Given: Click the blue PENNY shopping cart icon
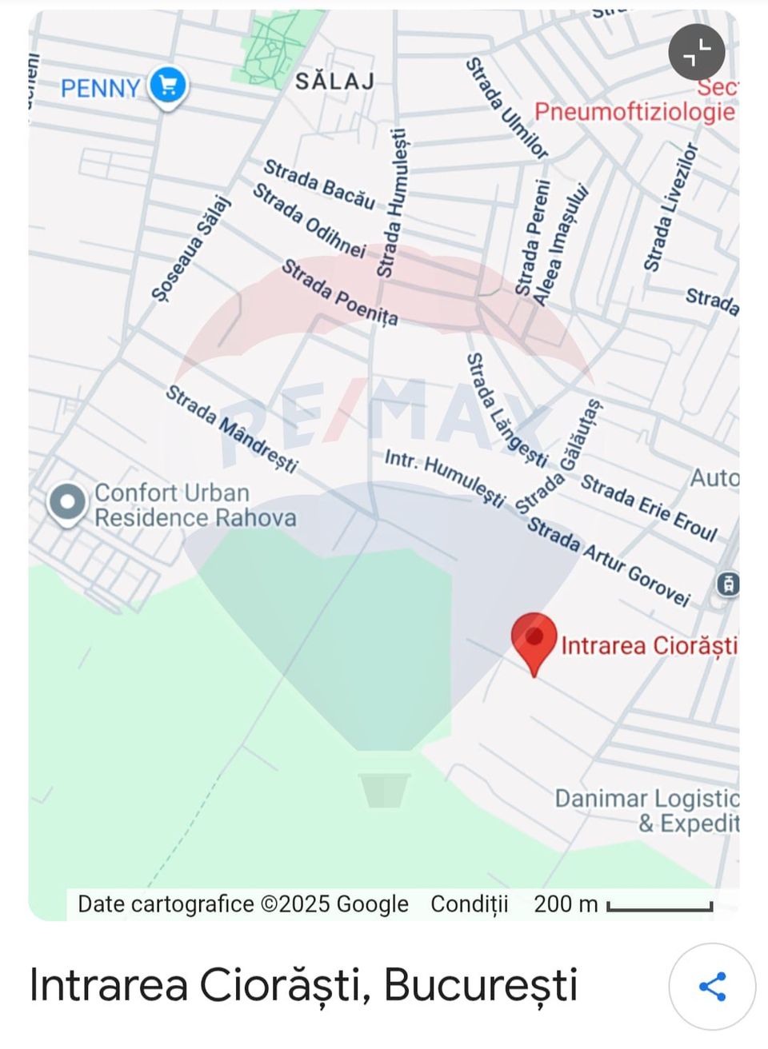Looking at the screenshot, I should tap(167, 85).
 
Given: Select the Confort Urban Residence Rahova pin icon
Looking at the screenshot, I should tap(67, 503).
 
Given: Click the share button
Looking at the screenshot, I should tap(712, 987).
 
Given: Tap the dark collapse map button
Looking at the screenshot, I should tap(696, 53).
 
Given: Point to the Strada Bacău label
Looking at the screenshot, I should tap(319, 184).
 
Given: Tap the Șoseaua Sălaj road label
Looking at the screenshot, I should tap(190, 249).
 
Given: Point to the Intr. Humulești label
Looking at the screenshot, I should tap(445, 478).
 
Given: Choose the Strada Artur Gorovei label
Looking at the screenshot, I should tap(608, 562).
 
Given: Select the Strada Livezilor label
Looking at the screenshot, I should tap(670, 208).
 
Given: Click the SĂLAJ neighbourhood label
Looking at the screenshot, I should tap(334, 81).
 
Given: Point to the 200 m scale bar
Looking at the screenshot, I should tap(659, 907).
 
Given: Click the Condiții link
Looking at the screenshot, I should tap(469, 904).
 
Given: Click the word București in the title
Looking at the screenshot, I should tap(480, 985).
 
